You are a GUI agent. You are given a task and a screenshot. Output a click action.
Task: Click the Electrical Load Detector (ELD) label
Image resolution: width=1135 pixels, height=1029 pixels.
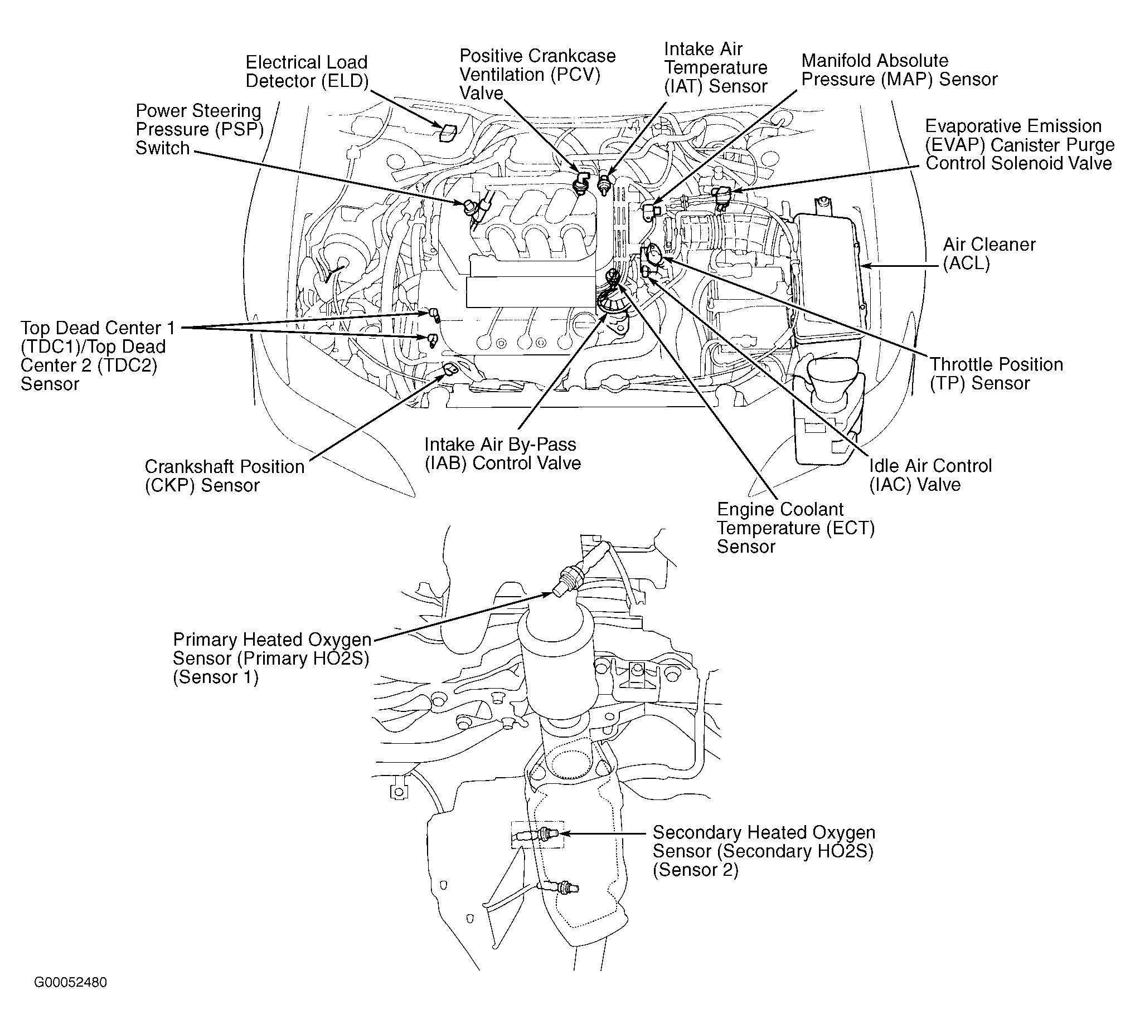coord(307,71)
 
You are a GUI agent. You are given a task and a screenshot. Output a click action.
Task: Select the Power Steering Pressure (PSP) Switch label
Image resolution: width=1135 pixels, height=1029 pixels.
coord(200,129)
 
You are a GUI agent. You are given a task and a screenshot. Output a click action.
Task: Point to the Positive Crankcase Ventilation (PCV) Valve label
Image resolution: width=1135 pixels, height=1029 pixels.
coord(537,74)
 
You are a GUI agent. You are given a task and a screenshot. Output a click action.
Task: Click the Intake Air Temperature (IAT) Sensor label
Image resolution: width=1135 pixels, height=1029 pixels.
coord(715,67)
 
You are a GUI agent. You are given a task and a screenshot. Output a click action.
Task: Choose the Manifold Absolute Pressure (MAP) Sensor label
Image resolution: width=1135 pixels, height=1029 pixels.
coord(899,70)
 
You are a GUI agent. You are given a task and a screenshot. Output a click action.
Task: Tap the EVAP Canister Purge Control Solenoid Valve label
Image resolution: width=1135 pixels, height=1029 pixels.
coord(1019,145)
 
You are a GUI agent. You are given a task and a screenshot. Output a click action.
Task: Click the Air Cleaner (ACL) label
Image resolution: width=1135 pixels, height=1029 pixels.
coord(988,253)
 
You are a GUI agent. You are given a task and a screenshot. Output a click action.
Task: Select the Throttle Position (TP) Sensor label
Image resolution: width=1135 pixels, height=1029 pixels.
coord(996,374)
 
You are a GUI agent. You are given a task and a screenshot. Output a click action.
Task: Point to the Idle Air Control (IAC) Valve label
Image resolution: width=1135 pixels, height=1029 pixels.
coord(930,475)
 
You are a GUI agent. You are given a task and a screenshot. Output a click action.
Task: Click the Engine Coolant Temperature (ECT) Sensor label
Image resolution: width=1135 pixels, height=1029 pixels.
coord(795,528)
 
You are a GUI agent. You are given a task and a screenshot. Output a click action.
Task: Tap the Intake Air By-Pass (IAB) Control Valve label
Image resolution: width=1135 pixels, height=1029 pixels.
coord(502,453)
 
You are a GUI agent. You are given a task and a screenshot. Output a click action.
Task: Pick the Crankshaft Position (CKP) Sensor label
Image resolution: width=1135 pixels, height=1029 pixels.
coord(224,475)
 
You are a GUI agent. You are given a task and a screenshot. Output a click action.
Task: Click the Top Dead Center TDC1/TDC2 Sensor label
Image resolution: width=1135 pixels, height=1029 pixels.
coord(98,355)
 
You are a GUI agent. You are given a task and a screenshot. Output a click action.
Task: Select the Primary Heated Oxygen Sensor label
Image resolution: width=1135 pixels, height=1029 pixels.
coord(271,658)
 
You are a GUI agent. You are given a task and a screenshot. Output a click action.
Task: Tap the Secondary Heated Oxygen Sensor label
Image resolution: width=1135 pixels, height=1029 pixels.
coord(763,851)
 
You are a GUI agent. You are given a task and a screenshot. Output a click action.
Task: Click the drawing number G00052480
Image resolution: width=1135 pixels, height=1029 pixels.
coord(70,982)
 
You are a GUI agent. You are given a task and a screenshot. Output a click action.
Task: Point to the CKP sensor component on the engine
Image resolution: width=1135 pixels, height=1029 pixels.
coord(451,369)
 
